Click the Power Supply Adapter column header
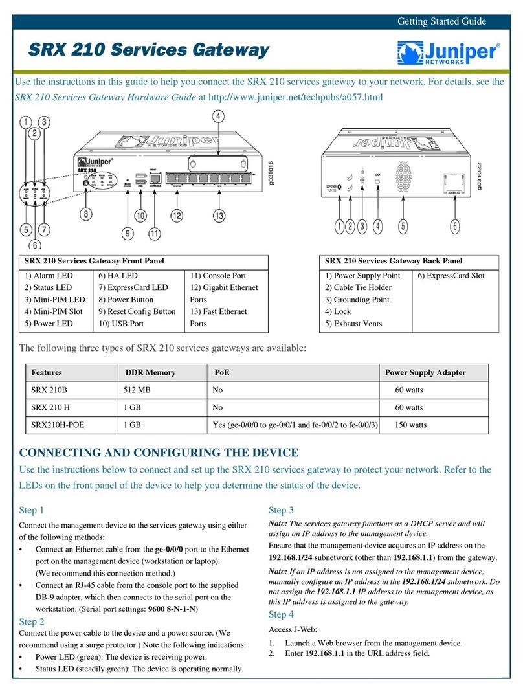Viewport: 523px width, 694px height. [425, 373]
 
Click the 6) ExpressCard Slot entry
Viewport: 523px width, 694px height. [451, 276]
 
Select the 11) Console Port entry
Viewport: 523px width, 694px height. [217, 276]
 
